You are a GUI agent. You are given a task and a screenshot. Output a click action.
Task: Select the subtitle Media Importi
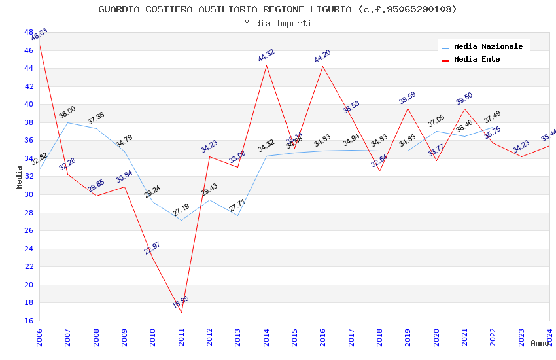(277, 23)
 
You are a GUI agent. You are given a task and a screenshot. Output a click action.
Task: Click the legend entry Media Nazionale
(488, 46)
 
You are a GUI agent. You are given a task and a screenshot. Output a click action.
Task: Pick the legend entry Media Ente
(476, 59)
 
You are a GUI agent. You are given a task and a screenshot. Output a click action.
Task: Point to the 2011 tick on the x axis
(181, 336)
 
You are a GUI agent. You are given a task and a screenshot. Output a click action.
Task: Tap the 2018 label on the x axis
(379, 336)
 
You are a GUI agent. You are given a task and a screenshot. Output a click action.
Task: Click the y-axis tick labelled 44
(28, 68)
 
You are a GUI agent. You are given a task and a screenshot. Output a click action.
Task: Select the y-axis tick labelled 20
(28, 285)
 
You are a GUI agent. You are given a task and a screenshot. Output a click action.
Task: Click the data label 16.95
(181, 302)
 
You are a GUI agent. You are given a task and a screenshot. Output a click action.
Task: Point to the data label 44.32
(266, 56)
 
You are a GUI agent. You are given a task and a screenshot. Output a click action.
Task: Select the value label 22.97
(152, 247)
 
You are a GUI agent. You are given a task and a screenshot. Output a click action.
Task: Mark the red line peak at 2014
(266, 65)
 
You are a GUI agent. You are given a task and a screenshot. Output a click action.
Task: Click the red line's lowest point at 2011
(181, 312)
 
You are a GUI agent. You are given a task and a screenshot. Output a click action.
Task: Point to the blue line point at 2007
(67, 122)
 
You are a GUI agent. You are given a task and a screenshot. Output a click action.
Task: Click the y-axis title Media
(20, 177)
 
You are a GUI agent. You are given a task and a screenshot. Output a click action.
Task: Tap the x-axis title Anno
(540, 343)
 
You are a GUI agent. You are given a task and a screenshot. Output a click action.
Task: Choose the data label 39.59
(408, 98)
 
